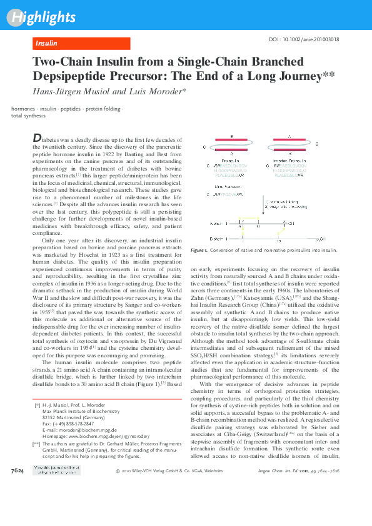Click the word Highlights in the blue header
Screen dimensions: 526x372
click(41, 17)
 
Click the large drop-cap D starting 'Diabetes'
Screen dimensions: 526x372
click(37, 137)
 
